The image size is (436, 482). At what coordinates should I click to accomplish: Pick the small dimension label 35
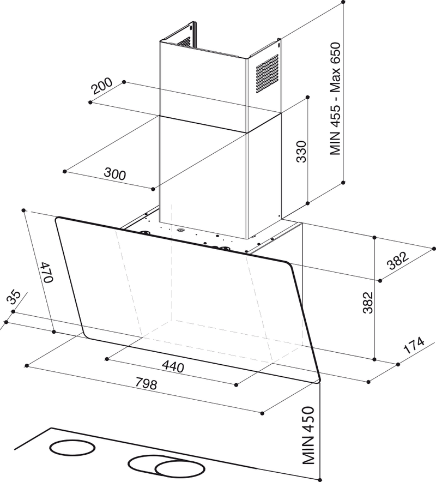(x=14, y=298)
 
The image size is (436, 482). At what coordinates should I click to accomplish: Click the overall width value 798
(x=146, y=384)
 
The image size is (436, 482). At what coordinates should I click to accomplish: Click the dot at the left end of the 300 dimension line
(x=64, y=171)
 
